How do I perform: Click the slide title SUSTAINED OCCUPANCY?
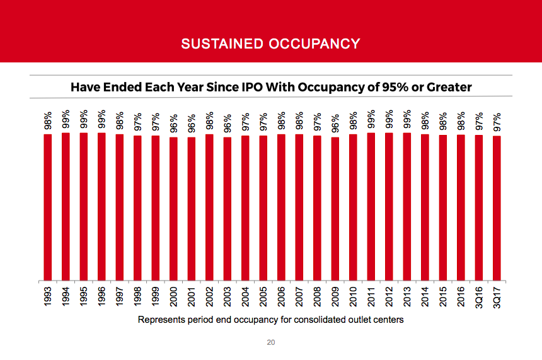point(270,44)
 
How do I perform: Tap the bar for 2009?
point(335,208)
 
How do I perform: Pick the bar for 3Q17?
point(497,207)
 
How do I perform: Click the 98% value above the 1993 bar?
point(47,121)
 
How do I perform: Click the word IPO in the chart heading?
point(248,87)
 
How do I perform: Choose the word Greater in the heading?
point(449,87)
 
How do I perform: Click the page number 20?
point(270,343)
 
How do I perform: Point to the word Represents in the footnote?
point(159,320)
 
